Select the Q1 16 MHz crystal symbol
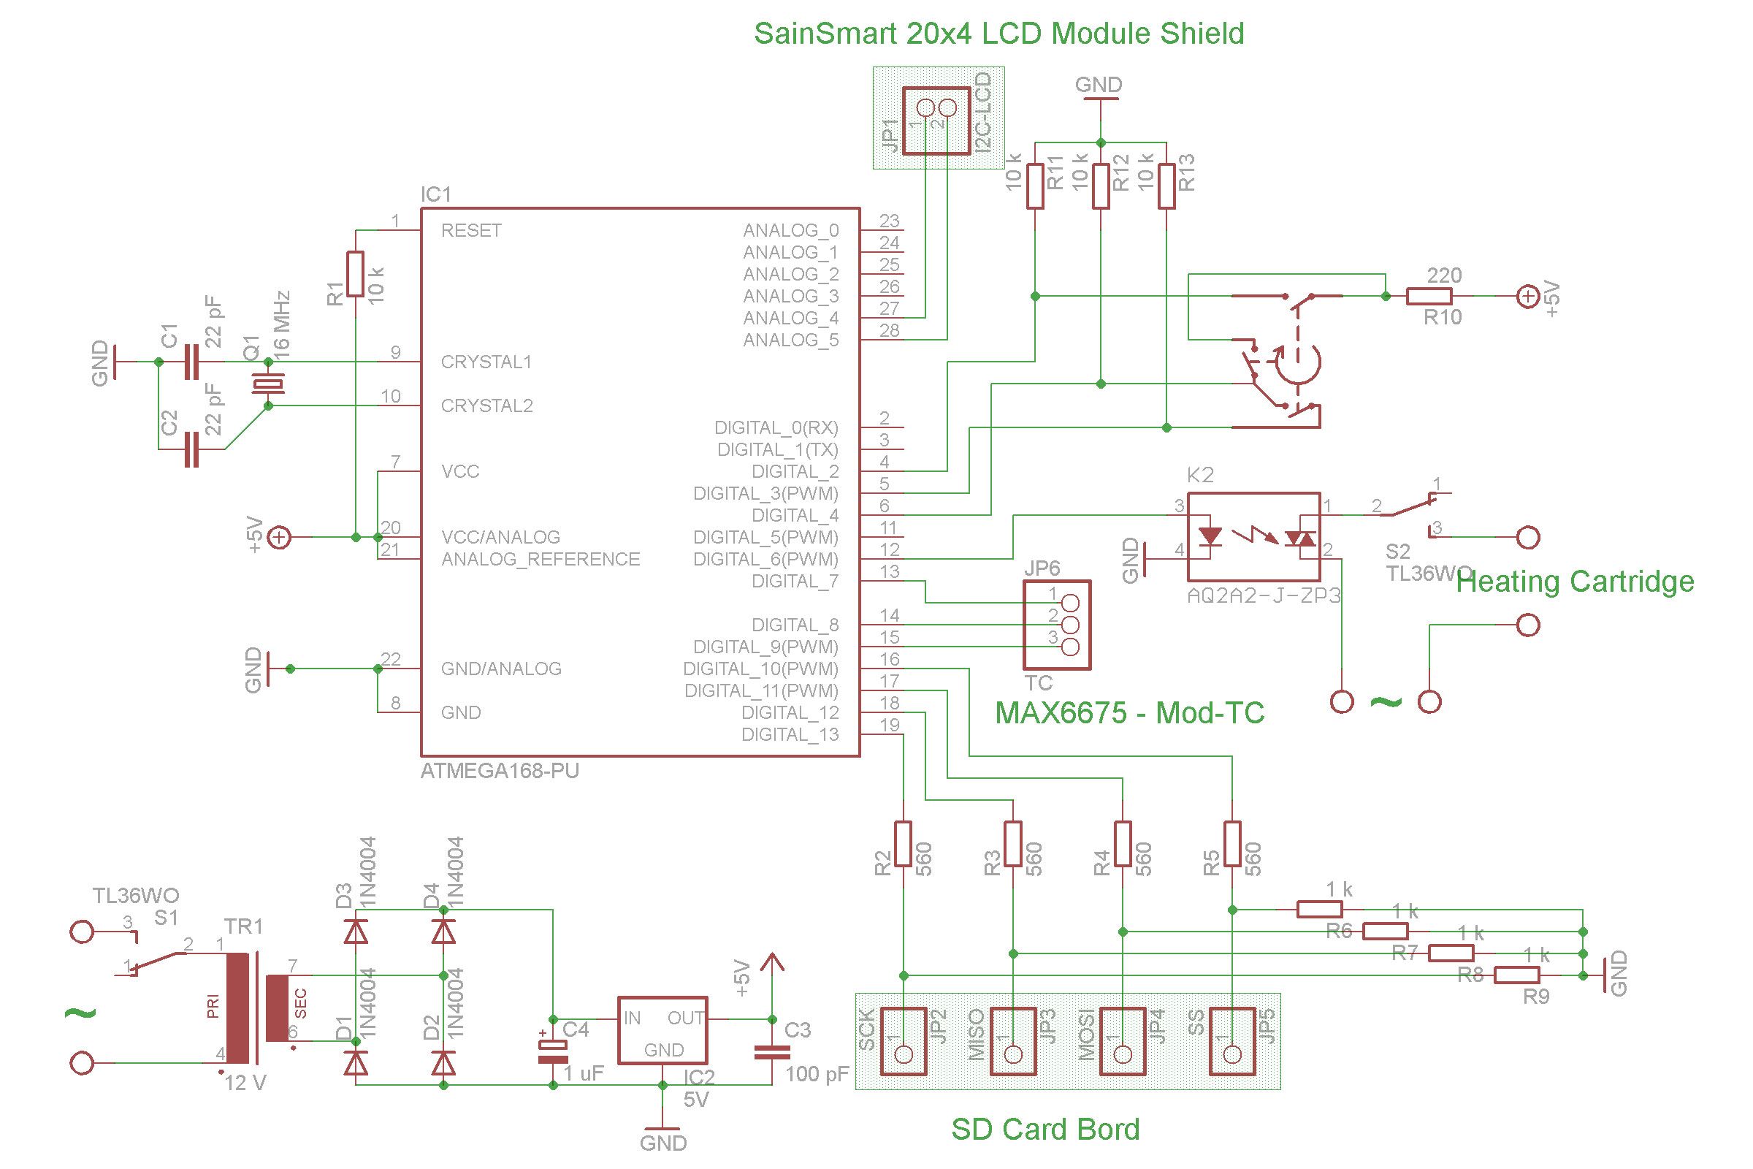(267, 384)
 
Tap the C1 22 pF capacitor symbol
(191, 362)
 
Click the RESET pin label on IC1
(471, 230)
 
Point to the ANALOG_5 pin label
(790, 340)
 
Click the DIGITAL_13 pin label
(790, 734)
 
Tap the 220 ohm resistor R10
(1428, 297)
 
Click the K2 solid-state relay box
(1253, 537)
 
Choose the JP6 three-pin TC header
(1056, 625)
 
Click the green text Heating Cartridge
(1575, 582)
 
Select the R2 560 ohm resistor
(903, 844)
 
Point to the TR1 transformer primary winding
(237, 1008)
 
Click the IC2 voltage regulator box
(662, 1030)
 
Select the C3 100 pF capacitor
(771, 1051)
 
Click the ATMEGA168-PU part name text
(500, 772)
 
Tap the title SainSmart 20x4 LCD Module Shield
(998, 34)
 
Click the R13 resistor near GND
(1166, 186)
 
